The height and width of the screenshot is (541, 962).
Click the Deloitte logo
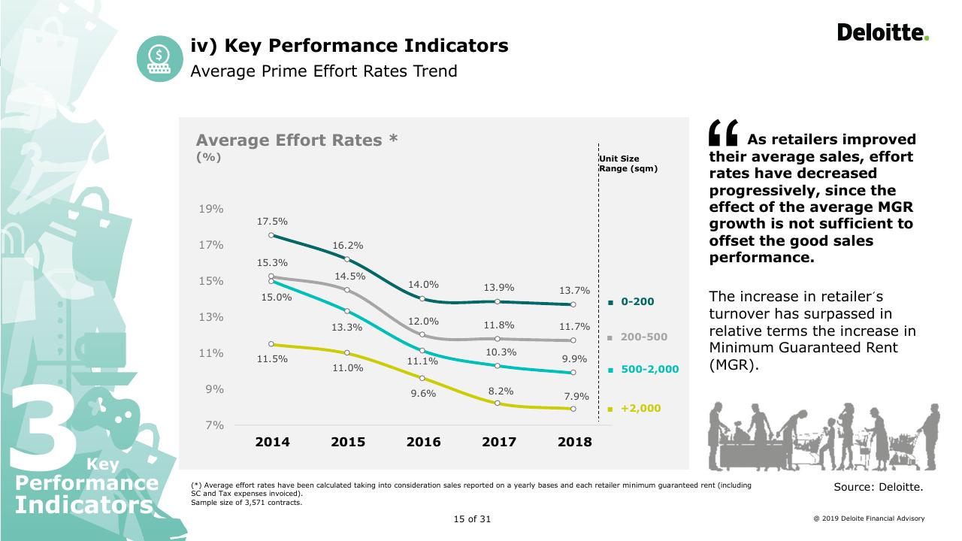(x=883, y=32)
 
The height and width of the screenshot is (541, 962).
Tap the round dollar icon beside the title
(x=160, y=59)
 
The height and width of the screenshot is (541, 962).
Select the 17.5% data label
(x=272, y=222)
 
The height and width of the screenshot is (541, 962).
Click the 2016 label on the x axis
(x=423, y=442)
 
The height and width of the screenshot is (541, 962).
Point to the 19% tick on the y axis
(x=211, y=209)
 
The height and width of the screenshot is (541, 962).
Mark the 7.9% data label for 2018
(x=576, y=396)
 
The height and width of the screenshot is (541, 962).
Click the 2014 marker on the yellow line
(x=271, y=344)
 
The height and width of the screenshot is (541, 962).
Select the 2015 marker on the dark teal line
(x=347, y=259)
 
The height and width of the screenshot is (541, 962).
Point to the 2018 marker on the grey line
(x=573, y=340)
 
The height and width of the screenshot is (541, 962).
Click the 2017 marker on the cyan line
(x=498, y=366)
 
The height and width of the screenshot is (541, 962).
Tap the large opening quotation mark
(x=723, y=133)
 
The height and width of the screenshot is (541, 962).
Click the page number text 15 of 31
(x=472, y=519)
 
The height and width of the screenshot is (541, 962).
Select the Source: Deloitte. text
(x=879, y=487)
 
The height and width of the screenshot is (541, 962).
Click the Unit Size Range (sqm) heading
(x=628, y=164)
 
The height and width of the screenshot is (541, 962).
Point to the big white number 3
(x=43, y=428)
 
